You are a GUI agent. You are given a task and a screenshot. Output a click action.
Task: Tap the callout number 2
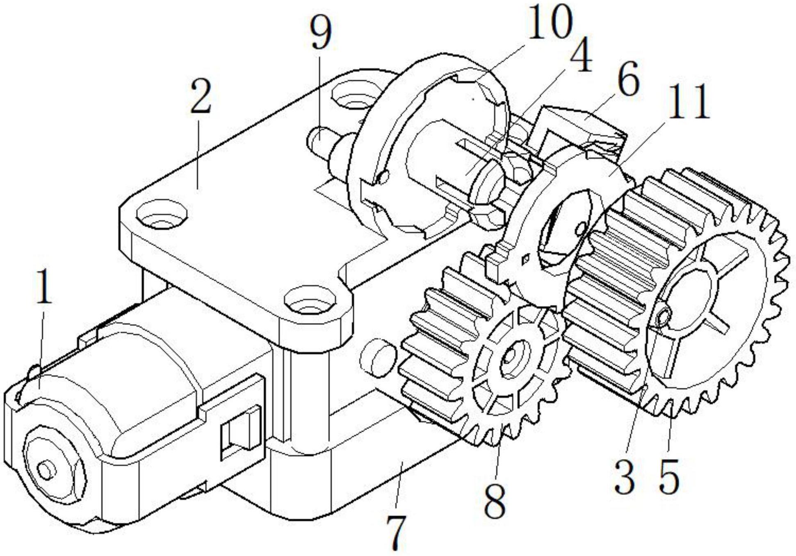(201, 97)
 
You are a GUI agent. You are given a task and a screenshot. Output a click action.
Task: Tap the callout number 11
(689, 102)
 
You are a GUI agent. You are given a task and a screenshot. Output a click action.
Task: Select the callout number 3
(625, 476)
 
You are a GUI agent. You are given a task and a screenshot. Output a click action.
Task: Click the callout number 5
(669, 476)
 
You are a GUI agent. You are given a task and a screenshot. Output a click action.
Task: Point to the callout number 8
(495, 499)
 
